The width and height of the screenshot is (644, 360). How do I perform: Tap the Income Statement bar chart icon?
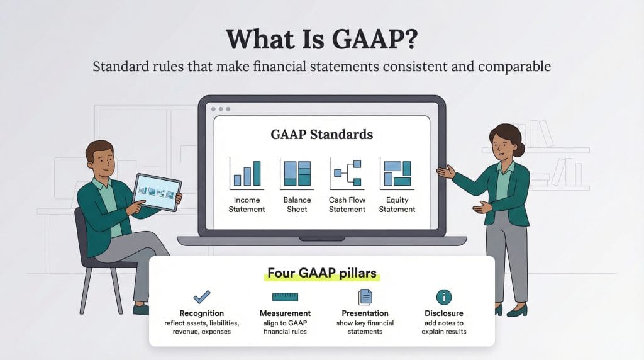pyautogui.click(x=247, y=174)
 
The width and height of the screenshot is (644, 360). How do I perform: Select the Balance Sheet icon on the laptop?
pyautogui.click(x=297, y=174)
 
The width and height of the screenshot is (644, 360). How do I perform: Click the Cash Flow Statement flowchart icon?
pyautogui.click(x=347, y=174)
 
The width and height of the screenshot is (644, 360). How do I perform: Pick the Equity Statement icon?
pyautogui.click(x=397, y=174)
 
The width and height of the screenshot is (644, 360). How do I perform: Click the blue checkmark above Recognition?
pyautogui.click(x=202, y=296)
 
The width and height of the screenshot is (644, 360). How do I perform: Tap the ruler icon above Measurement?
pyautogui.click(x=285, y=296)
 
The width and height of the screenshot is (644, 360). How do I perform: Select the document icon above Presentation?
pyautogui.click(x=365, y=296)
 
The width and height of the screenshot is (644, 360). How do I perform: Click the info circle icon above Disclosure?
pyautogui.click(x=444, y=296)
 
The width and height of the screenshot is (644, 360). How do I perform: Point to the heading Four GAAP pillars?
pyautogui.click(x=322, y=273)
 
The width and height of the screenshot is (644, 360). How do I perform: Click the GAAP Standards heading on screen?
pyautogui.click(x=321, y=135)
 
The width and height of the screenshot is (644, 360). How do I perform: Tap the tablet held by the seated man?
pyautogui.click(x=158, y=192)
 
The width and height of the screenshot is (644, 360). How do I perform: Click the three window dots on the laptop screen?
pyautogui.click(x=221, y=109)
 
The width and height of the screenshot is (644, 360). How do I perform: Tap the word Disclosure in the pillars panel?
pyautogui.click(x=444, y=313)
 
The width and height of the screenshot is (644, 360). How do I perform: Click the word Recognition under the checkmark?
pyautogui.click(x=202, y=313)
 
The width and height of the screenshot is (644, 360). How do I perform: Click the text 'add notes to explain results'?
pyautogui.click(x=444, y=327)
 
